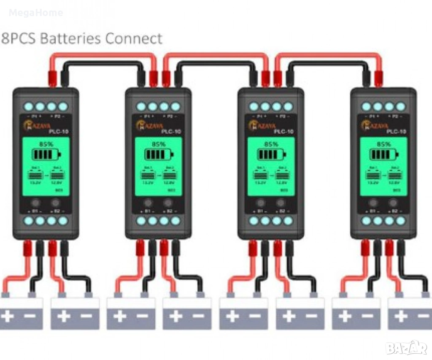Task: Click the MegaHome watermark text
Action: (36, 13)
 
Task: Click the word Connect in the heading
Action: (134, 39)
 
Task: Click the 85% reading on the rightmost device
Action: (383, 144)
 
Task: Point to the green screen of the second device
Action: (158, 166)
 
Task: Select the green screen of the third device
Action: (271, 166)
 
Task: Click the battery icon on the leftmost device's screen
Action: (46, 154)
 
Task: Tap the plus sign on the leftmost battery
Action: (9, 316)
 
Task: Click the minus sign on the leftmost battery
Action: (30, 316)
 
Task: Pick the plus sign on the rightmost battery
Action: (400, 316)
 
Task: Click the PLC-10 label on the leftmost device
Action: (60, 132)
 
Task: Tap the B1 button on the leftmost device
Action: (35, 203)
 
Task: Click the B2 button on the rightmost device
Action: (393, 203)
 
